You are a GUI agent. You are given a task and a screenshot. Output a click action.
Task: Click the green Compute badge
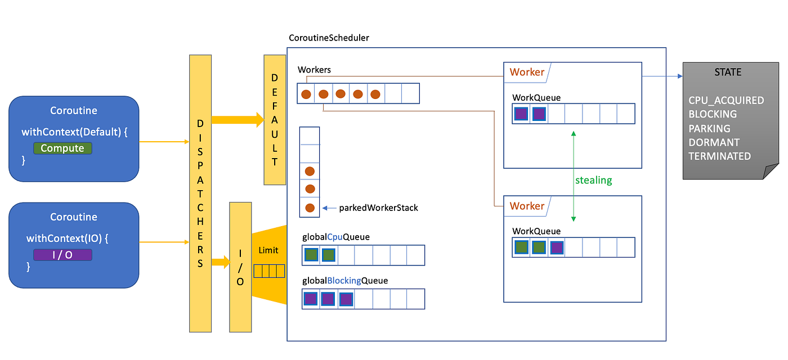click(x=62, y=148)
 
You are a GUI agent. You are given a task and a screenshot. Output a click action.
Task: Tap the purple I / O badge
click(x=62, y=255)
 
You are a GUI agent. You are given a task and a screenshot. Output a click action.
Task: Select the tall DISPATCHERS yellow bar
click(x=200, y=193)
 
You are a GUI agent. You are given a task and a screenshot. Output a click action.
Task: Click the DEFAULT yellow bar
click(x=275, y=120)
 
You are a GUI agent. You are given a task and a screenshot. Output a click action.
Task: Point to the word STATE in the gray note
click(x=728, y=73)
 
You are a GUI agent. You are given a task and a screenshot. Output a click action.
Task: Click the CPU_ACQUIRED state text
click(x=726, y=101)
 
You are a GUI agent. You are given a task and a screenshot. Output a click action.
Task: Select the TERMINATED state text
click(x=719, y=156)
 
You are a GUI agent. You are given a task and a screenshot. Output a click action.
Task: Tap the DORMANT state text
click(x=714, y=142)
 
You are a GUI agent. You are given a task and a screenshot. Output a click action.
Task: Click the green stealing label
click(x=593, y=181)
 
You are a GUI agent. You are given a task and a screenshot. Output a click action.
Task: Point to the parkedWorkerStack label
click(x=378, y=208)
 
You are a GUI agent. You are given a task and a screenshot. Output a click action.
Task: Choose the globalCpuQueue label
click(x=336, y=237)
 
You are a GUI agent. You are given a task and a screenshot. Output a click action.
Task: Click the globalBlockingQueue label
click(x=345, y=281)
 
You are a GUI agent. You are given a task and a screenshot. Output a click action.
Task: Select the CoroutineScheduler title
click(x=329, y=38)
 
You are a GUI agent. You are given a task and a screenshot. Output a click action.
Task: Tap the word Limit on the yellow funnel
click(x=268, y=250)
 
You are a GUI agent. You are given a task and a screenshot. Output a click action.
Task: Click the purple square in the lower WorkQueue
click(x=557, y=247)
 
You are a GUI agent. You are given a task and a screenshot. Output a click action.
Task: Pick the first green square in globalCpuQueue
click(x=311, y=255)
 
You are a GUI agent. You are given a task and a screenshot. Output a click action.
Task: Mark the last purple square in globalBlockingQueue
click(x=346, y=299)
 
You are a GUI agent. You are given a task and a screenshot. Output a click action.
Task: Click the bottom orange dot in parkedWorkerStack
click(x=310, y=208)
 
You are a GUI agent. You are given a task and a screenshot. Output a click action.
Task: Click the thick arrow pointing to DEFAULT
click(x=237, y=119)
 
